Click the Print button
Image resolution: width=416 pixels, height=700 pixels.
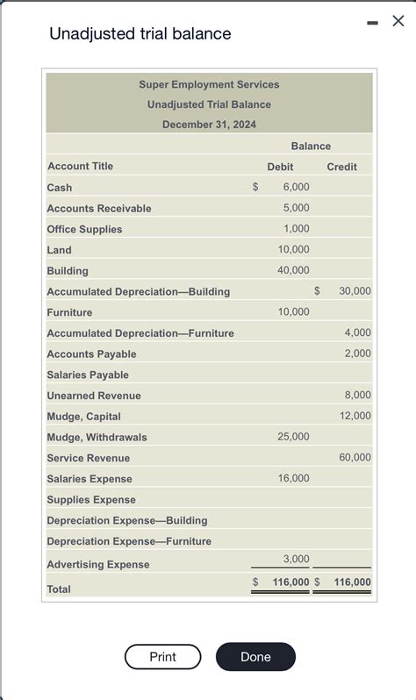pos(162,657)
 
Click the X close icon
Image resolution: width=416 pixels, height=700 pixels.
pos(398,21)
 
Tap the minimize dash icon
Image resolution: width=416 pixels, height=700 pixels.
pos(372,21)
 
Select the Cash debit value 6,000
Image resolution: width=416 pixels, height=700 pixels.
pos(296,187)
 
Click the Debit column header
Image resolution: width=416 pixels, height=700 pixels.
pos(280,167)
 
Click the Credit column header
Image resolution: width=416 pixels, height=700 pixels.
pos(341,167)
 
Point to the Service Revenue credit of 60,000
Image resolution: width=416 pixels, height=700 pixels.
pos(355,457)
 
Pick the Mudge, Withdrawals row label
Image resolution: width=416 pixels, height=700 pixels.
pos(97,437)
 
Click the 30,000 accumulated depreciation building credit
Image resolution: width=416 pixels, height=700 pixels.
pos(355,291)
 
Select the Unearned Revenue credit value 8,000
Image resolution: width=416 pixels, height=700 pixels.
pos(357,395)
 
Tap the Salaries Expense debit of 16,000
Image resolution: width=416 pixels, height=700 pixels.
pos(293,478)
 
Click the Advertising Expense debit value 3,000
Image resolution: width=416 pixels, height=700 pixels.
pos(296,559)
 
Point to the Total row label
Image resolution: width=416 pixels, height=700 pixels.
pos(59,589)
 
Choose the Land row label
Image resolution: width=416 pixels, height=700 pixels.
pos(59,250)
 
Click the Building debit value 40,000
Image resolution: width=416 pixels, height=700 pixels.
pos(293,270)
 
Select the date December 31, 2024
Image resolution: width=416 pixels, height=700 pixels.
pos(209,125)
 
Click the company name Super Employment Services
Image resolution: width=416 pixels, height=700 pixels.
pos(209,84)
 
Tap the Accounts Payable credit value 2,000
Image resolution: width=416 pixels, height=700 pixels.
pos(357,354)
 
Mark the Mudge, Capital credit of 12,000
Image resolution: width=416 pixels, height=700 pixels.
pos(355,416)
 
